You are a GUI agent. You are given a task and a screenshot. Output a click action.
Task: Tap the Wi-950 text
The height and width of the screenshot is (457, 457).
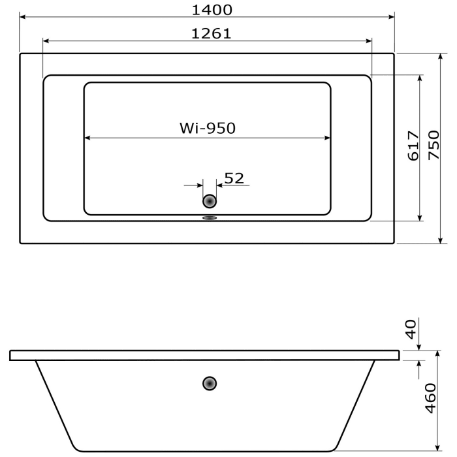(x=207, y=129)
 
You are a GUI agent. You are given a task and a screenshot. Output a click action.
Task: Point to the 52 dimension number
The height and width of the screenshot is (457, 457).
(x=234, y=178)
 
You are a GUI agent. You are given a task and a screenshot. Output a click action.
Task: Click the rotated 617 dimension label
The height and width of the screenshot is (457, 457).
(x=413, y=146)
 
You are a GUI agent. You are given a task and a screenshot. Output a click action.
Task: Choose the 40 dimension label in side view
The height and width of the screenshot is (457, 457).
(x=410, y=329)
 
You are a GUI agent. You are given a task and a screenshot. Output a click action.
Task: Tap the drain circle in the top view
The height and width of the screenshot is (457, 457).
(x=210, y=202)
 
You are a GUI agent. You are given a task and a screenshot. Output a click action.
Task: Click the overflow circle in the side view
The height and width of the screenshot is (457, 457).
(x=210, y=383)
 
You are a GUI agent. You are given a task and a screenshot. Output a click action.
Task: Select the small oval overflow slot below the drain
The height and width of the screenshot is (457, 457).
(x=210, y=219)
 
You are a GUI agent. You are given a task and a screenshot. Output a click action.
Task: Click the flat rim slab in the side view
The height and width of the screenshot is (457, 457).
(x=204, y=355)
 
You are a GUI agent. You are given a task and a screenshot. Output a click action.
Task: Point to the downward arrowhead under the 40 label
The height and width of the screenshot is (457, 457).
(x=418, y=347)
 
